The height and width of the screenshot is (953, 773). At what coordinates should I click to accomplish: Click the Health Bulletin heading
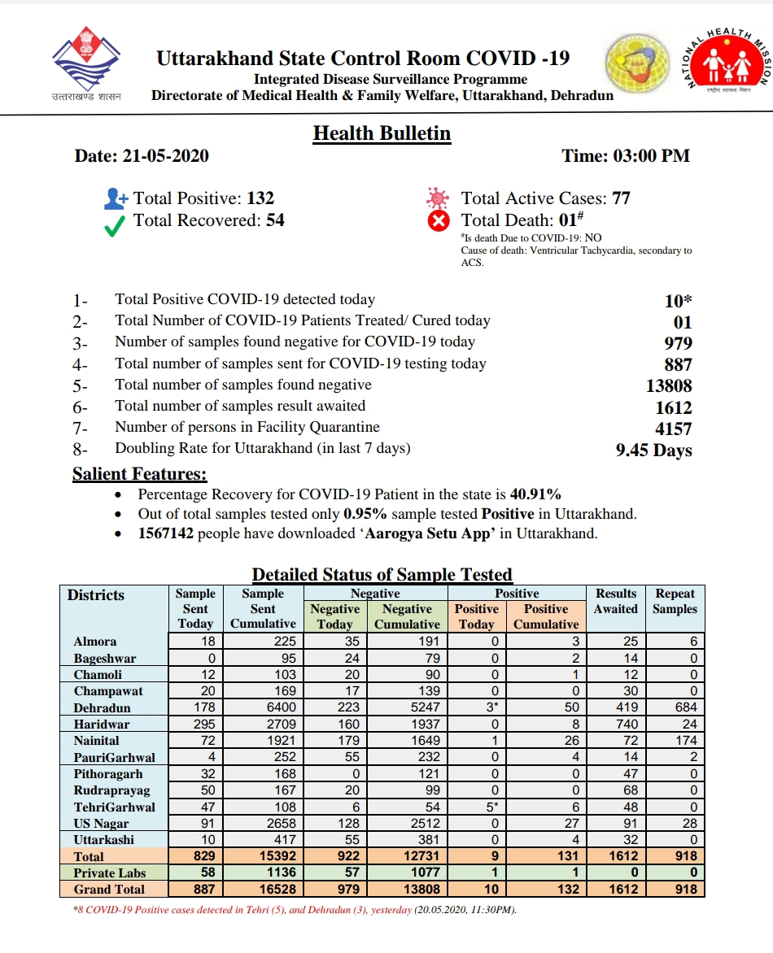tap(382, 133)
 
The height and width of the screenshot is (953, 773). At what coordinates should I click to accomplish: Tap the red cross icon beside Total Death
tap(439, 221)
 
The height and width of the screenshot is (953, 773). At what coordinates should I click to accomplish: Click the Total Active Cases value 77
tap(621, 198)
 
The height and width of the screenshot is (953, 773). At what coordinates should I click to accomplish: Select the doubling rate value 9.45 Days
tap(653, 450)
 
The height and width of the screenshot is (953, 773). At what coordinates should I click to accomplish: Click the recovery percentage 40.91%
tap(535, 494)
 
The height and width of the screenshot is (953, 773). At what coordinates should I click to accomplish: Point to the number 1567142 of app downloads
tap(166, 533)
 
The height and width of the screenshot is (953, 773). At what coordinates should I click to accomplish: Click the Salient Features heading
tap(139, 473)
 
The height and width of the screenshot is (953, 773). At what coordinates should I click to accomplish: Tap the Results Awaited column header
tap(616, 601)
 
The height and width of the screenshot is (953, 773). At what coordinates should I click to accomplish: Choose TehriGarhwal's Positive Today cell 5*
tap(476, 807)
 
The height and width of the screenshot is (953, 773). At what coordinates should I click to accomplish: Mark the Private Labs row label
tap(110, 872)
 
